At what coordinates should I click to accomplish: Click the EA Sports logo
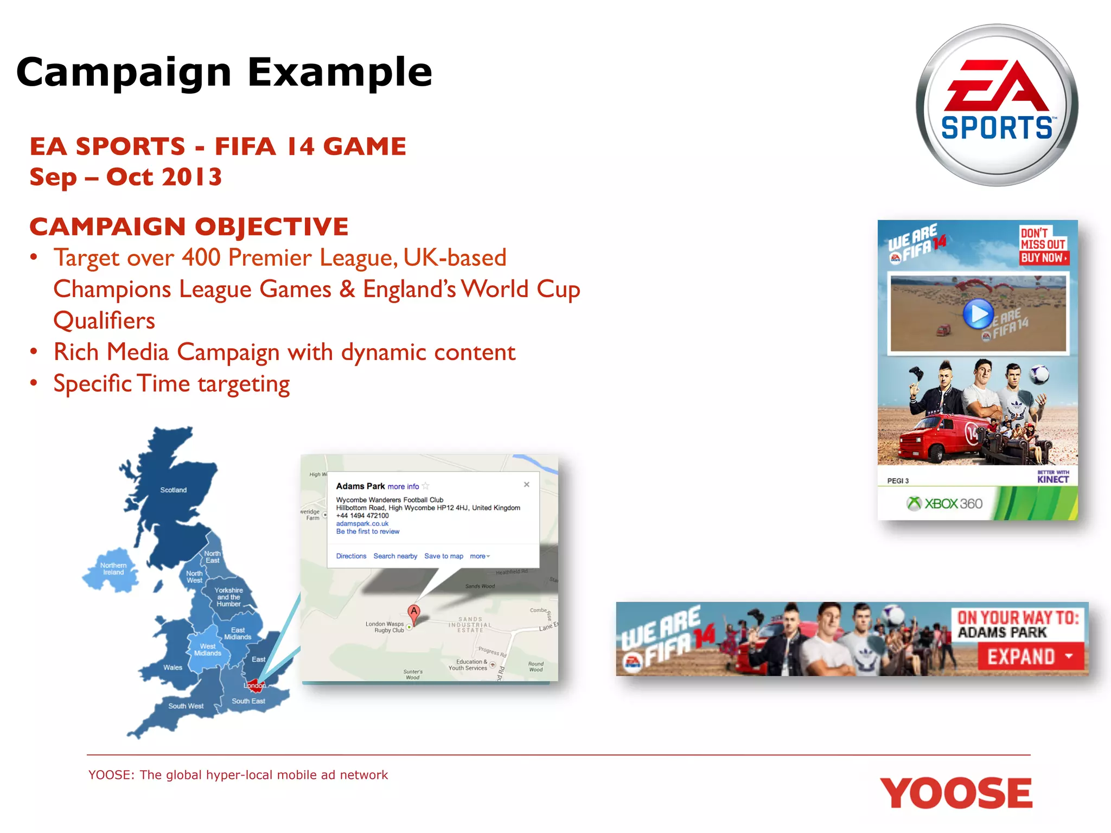coord(997,105)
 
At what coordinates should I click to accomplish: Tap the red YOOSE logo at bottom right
coord(956,793)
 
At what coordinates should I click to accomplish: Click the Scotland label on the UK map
coord(173,490)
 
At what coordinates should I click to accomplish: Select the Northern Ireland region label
coord(113,569)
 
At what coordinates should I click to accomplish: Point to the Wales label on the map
coord(173,668)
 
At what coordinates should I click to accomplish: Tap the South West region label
coord(186,706)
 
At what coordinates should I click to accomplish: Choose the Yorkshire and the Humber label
coord(228,597)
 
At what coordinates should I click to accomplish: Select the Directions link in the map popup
coord(351,556)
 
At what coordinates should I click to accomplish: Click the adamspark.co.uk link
coord(362,524)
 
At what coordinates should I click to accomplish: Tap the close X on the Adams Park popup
coord(526,485)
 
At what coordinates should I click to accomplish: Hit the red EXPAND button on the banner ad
coord(1029,657)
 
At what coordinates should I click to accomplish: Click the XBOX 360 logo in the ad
coord(944,504)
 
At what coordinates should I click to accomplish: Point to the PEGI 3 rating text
coord(898,481)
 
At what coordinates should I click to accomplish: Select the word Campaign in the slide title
coord(124,72)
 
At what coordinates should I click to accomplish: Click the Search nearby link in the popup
coord(395,556)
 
